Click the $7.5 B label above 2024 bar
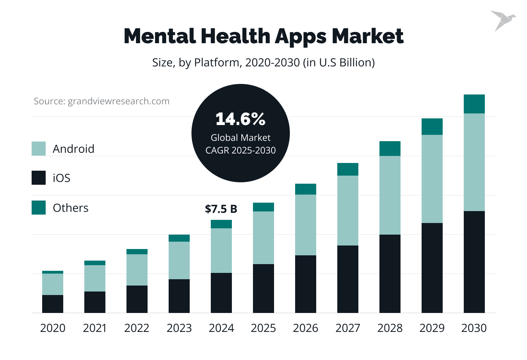pyautogui.click(x=221, y=209)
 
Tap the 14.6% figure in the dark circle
pyautogui.click(x=240, y=119)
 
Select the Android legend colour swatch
pyautogui.click(x=39, y=149)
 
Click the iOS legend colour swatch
pyautogui.click(x=39, y=178)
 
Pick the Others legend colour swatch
pyautogui.click(x=39, y=208)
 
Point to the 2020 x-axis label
pyautogui.click(x=53, y=328)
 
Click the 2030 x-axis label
pyautogui.click(x=474, y=328)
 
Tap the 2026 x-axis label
pyautogui.click(x=305, y=328)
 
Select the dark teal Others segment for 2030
pyautogui.click(x=474, y=104)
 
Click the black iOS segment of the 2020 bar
pyautogui.click(x=53, y=304)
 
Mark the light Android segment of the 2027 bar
pyautogui.click(x=347, y=210)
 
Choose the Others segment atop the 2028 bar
pyautogui.click(x=390, y=149)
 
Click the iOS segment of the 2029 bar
pyautogui.click(x=432, y=268)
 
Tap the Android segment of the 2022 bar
pyautogui.click(x=137, y=270)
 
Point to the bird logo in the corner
pyautogui.click(x=502, y=20)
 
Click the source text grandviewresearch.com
pyautogui.click(x=102, y=101)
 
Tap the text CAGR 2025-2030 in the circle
pyautogui.click(x=240, y=150)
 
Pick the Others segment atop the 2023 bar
pyautogui.click(x=179, y=238)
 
